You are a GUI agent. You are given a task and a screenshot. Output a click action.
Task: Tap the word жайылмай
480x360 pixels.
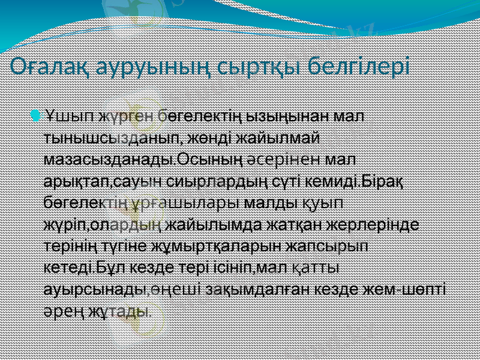[x=275, y=137]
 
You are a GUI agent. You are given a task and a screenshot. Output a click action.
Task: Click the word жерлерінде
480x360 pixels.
[x=374, y=225]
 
